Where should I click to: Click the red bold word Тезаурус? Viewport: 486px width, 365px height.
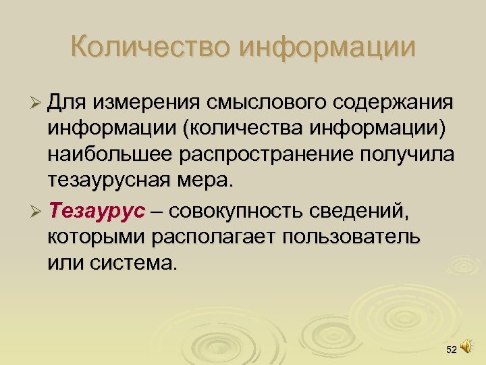97,212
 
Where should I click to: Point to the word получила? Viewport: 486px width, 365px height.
408,155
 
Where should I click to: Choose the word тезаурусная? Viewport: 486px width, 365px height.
117,180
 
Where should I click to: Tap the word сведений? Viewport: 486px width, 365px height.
358,212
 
